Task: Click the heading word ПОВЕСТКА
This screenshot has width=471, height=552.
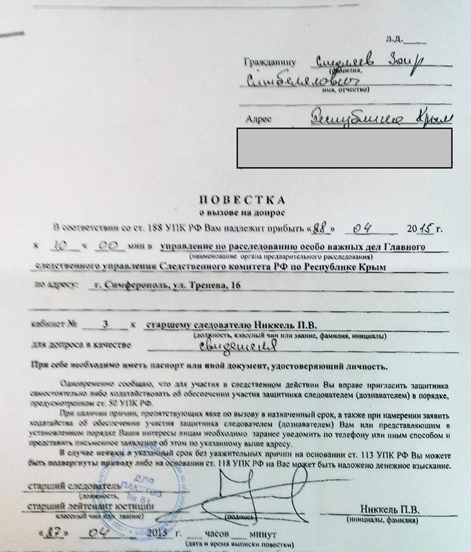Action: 242,200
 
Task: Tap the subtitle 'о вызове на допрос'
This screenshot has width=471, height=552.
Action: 242,212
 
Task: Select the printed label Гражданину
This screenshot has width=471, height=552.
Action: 270,61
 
